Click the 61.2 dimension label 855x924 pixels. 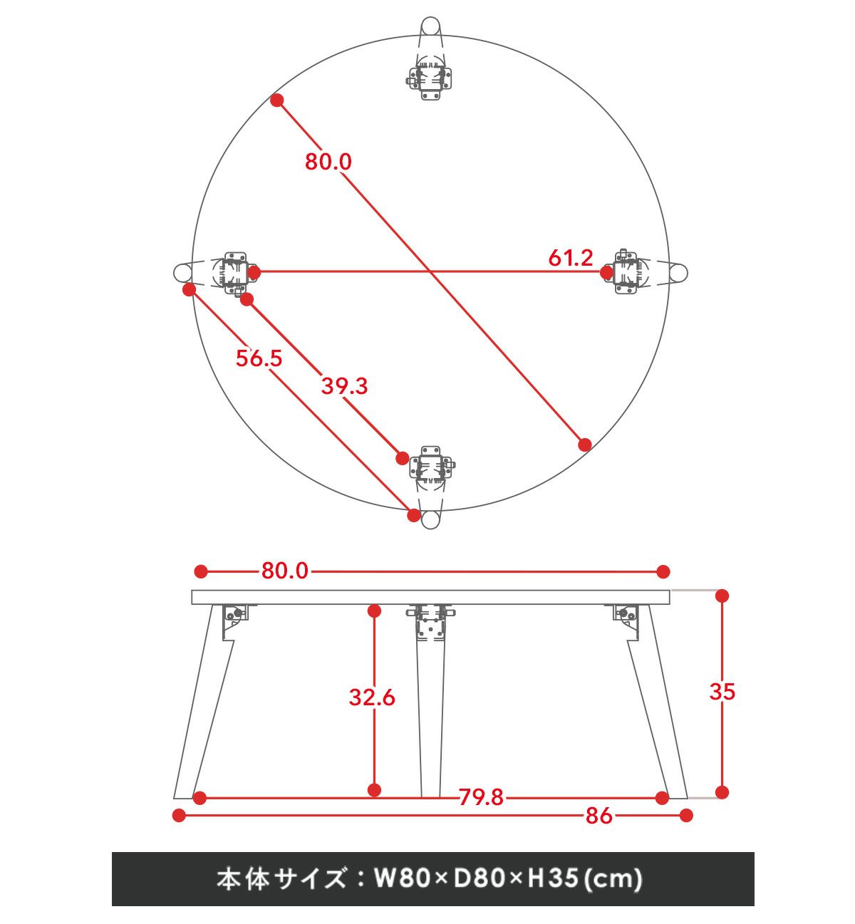click(570, 258)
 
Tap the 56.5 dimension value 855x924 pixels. click(259, 358)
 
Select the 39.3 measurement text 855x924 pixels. click(344, 386)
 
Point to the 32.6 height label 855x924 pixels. click(372, 697)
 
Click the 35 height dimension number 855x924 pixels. click(722, 691)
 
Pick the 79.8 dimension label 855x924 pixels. click(481, 797)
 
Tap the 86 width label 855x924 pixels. click(599, 816)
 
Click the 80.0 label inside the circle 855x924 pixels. click(328, 162)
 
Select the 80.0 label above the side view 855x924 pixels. click(285, 571)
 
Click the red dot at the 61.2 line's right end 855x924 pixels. click(606, 273)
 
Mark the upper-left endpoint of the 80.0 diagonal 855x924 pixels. click(277, 100)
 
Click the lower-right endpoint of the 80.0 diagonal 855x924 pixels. click(584, 445)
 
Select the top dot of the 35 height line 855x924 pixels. click(722, 596)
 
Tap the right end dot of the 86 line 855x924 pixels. click(686, 816)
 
